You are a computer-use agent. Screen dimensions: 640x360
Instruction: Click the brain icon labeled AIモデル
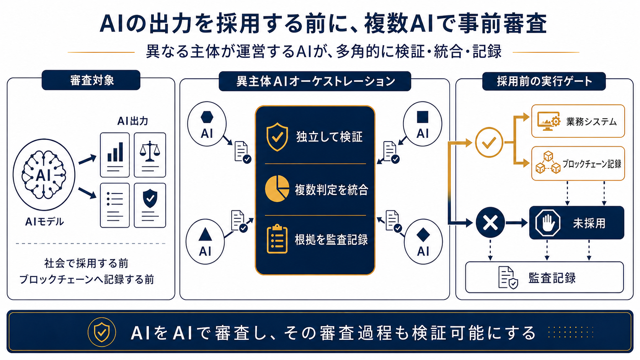coord(44,175)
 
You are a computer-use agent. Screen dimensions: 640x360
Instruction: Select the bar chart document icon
coord(115,155)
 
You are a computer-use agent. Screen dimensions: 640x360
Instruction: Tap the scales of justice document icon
coord(150,155)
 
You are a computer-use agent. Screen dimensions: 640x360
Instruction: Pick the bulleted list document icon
coord(115,205)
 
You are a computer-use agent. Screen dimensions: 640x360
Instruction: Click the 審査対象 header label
coord(91,80)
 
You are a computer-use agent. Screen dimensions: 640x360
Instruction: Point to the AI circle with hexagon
coord(207,124)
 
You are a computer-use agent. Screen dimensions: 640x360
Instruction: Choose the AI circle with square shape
coord(423,124)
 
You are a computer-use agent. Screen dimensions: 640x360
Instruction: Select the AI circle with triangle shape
coord(205,241)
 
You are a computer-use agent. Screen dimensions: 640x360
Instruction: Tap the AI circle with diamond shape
coord(423,241)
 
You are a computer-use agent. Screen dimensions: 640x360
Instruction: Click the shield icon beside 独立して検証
coord(277,137)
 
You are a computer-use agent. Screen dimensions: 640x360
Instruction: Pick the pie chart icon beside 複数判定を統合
coord(277,189)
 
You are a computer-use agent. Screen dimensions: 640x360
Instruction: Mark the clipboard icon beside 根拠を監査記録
coord(277,239)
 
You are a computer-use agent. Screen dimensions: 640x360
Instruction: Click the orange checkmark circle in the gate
coord(489,142)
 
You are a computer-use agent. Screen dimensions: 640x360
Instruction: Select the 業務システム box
coord(578,121)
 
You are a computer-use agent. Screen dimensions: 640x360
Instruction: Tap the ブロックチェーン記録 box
coord(578,164)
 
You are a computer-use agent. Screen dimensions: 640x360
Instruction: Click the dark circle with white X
coord(490,222)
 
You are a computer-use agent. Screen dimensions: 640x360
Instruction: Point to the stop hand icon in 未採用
coord(548,223)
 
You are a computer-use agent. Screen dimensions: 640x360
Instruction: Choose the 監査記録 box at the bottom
coord(545,277)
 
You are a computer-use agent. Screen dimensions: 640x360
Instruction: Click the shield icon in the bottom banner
coord(102,332)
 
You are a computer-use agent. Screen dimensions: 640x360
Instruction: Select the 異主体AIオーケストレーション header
coord(315,81)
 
